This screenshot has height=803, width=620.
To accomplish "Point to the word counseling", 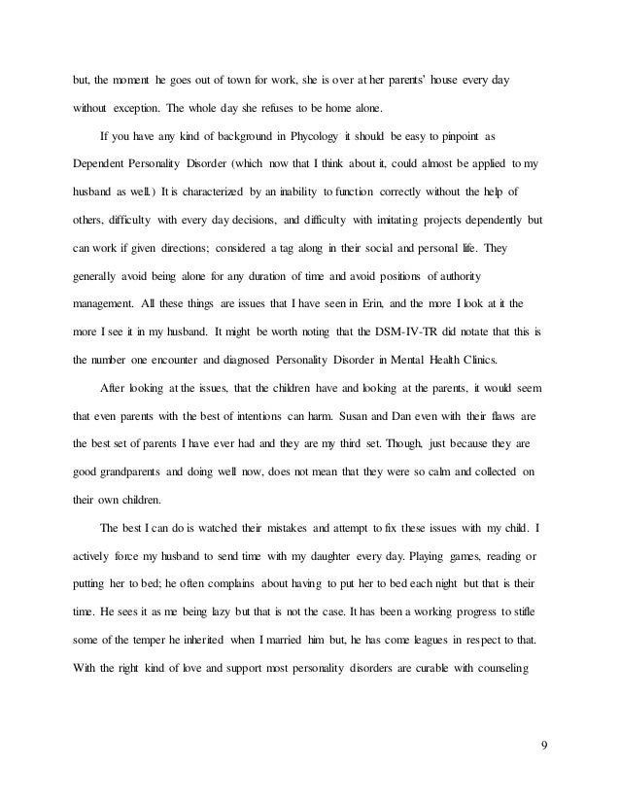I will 515,671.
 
